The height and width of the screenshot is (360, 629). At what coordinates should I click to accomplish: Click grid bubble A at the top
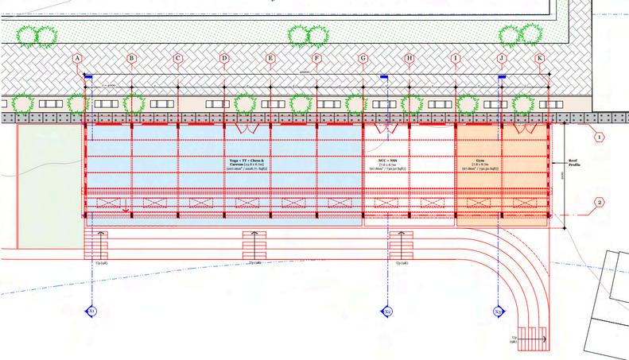[77, 58]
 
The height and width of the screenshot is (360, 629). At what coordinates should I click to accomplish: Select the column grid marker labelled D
[224, 58]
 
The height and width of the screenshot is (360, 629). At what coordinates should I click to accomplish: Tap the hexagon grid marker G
[363, 58]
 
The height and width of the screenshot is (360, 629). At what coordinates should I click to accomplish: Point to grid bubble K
[540, 58]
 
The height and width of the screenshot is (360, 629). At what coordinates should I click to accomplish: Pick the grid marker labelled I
[456, 58]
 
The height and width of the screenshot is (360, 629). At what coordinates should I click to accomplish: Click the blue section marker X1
[92, 312]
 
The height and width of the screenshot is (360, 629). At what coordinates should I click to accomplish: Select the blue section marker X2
[387, 312]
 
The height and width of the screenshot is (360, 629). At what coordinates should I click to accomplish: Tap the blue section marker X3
[499, 312]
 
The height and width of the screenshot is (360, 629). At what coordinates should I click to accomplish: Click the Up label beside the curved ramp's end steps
[514, 339]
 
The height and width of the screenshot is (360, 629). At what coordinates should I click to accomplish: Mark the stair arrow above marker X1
[101, 238]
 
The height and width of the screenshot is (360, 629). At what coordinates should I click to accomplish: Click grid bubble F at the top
[316, 58]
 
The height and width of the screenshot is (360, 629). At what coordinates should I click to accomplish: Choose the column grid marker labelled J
[502, 58]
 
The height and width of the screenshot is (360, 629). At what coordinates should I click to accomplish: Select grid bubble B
[131, 58]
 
